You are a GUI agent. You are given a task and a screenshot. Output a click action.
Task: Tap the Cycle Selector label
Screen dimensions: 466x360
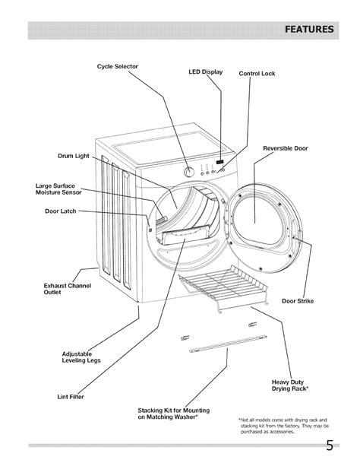tap(117, 66)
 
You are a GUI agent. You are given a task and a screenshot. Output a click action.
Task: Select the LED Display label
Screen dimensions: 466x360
tap(204, 72)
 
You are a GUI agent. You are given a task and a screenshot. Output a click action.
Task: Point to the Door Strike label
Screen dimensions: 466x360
tap(297, 301)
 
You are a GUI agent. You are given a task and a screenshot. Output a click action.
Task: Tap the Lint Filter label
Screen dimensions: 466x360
tap(69, 395)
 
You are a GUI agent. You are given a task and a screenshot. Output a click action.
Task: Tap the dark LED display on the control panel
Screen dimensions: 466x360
tap(219, 162)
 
